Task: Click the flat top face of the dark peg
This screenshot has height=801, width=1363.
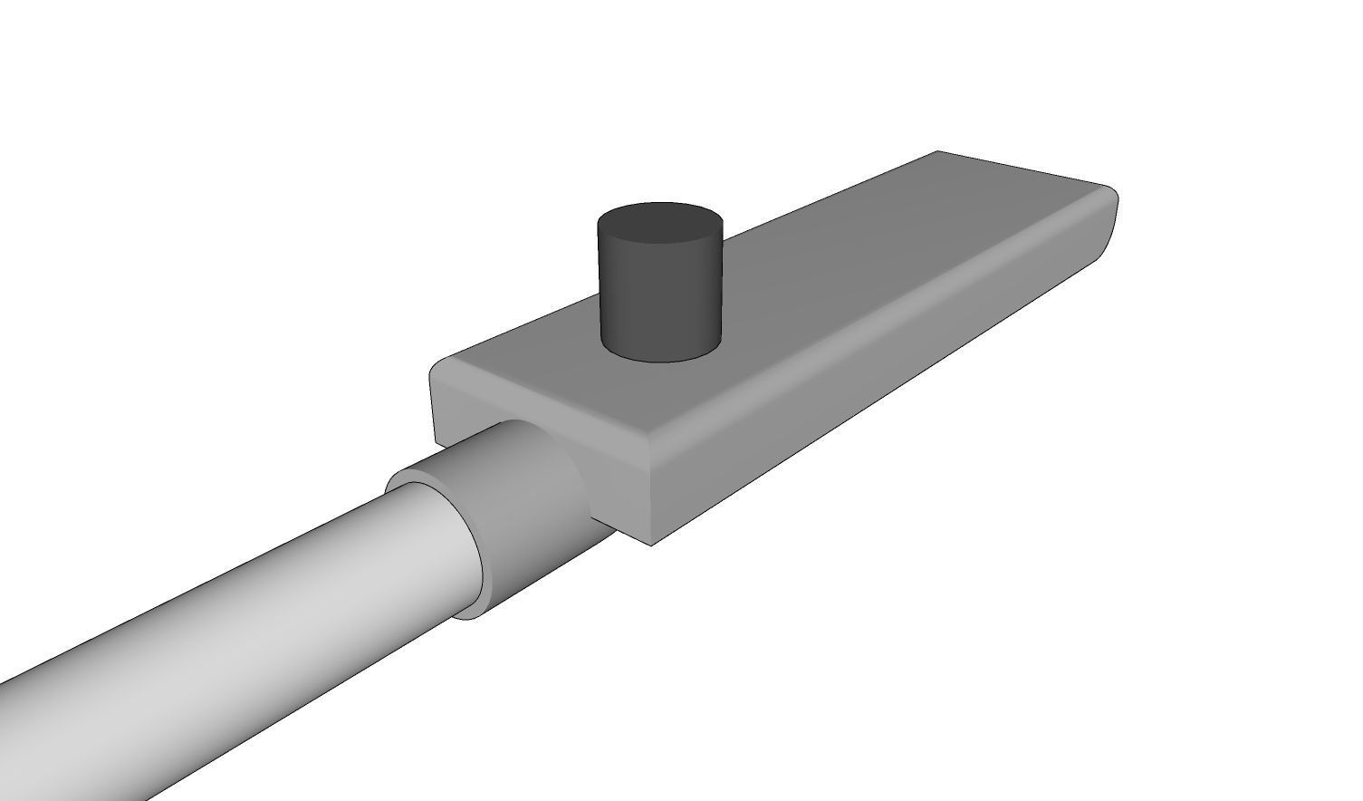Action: (659, 224)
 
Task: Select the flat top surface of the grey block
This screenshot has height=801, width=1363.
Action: (815, 290)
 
